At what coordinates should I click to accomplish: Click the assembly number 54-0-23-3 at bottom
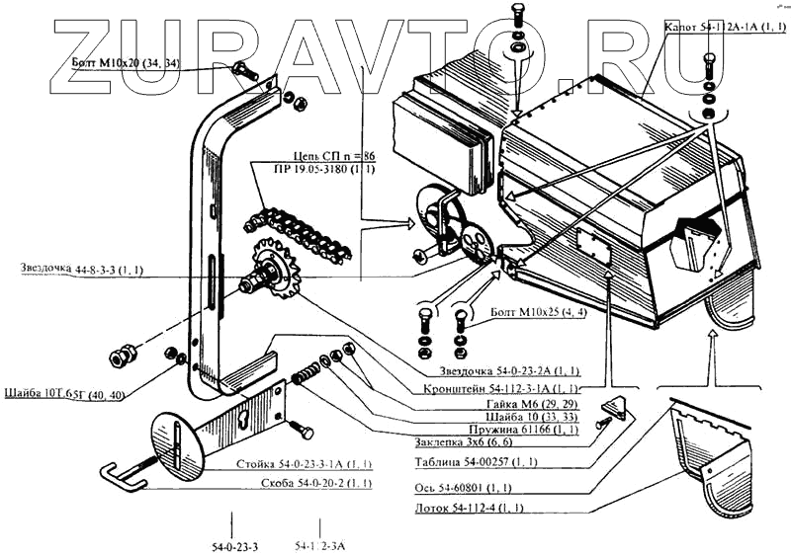click(x=233, y=545)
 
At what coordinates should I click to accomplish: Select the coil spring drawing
click(x=307, y=374)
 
